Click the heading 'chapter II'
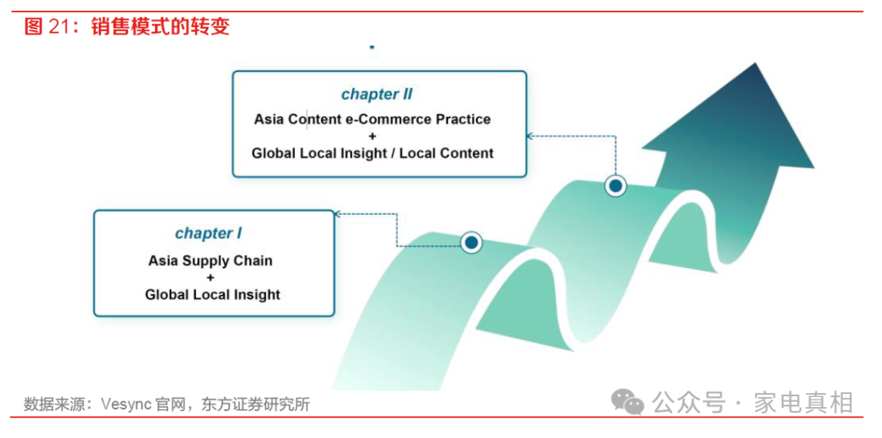pos(377,94)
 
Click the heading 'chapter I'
pos(208,233)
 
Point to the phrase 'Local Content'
pos(445,153)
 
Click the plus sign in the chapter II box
pos(372,136)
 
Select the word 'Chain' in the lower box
pos(253,261)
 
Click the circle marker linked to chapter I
pos(471,242)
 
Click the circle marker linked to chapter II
pos(616,186)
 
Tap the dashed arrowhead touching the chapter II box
pos(530,136)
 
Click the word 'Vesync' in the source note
pos(123,404)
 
